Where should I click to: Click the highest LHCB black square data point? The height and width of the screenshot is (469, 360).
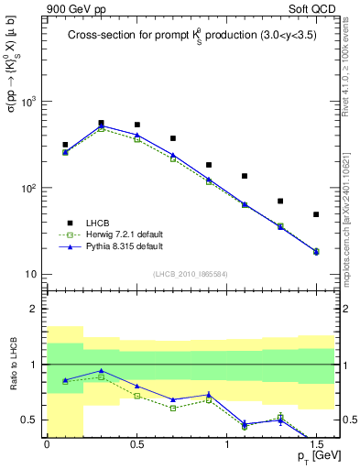101,123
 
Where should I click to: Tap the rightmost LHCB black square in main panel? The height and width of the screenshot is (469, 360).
316,214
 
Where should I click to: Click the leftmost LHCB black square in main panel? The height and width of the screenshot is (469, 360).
65,145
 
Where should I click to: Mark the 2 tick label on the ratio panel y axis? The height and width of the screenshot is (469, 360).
36,309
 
